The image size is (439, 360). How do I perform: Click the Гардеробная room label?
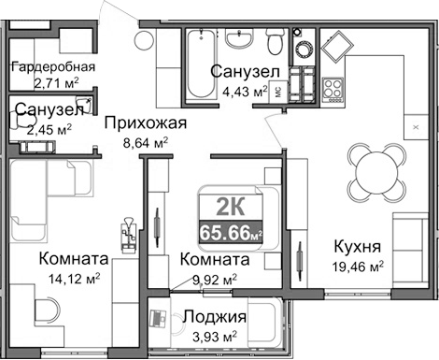(52, 67)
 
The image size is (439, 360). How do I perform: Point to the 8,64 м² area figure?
(146, 143)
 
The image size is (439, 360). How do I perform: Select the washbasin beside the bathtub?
(241, 41)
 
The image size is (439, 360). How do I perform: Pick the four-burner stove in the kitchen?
(334, 90)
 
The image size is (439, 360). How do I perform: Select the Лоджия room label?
(215, 317)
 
